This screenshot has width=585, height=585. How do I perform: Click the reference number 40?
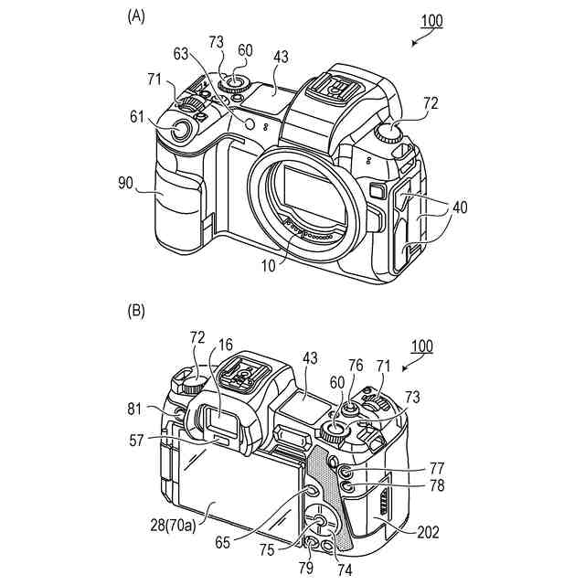tap(458, 207)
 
